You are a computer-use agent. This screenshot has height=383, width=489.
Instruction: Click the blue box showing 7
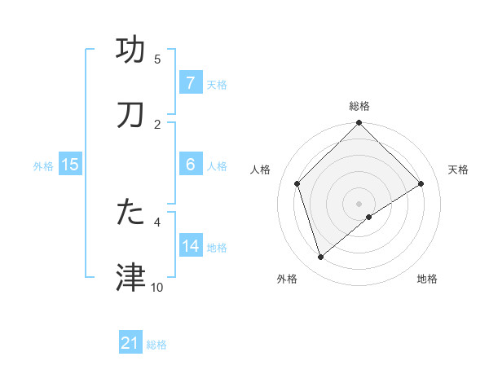[x=190, y=83]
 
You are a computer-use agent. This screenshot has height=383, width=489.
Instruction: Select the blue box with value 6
[x=190, y=165]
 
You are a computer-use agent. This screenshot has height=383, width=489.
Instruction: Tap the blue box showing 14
[x=190, y=245]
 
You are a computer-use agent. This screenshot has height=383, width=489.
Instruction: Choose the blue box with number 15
[x=70, y=165]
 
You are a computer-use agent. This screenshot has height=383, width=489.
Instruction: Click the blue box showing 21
[x=130, y=343]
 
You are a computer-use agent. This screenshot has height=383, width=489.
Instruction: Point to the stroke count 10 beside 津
[x=157, y=287]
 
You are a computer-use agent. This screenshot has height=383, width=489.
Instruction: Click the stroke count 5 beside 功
[x=157, y=59]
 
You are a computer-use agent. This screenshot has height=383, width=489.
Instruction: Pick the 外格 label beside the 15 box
[x=43, y=165]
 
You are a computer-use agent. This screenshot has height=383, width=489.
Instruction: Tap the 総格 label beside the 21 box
[x=156, y=344]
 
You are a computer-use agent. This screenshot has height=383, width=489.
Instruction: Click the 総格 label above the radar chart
[x=359, y=107]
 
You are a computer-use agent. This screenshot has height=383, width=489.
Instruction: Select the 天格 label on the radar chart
[x=458, y=169]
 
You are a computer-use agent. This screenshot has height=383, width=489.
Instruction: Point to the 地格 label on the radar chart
[x=427, y=280]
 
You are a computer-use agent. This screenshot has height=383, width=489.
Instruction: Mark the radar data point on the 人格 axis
[x=297, y=183]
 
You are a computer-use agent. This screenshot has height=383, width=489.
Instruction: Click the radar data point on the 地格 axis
[x=369, y=217]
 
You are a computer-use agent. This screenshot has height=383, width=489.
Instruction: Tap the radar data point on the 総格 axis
[x=359, y=125]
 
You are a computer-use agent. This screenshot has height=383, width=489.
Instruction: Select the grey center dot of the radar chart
[x=359, y=203]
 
